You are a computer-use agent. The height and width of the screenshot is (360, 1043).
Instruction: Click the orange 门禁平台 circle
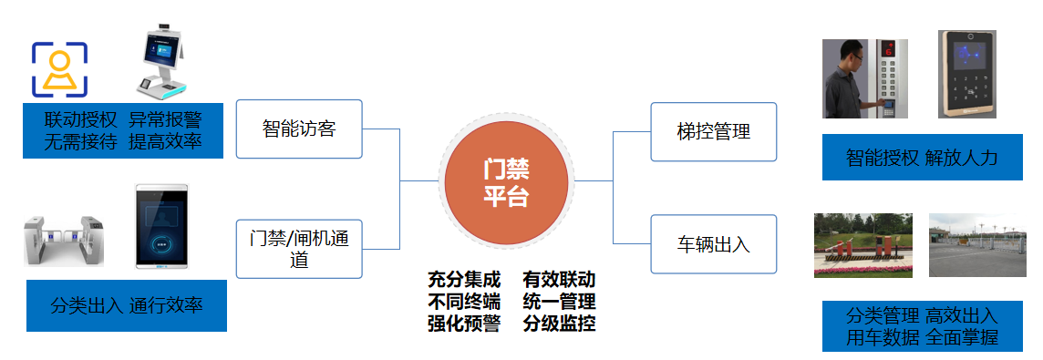(506, 180)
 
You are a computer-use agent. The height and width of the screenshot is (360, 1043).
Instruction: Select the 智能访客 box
(299, 129)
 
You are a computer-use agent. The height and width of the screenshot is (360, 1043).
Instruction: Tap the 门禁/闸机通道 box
(299, 249)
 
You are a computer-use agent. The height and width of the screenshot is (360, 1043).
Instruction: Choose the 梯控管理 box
(713, 132)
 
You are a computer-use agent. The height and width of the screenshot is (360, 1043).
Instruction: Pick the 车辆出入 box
(713, 244)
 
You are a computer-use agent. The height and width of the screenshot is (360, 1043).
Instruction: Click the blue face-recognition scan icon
(60, 69)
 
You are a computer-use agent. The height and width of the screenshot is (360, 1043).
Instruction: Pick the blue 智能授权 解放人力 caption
(922, 158)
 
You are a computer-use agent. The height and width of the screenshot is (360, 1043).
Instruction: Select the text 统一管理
(559, 301)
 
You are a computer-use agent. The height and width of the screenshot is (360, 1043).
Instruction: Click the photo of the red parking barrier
(862, 245)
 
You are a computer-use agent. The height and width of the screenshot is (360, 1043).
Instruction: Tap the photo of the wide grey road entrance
(976, 245)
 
